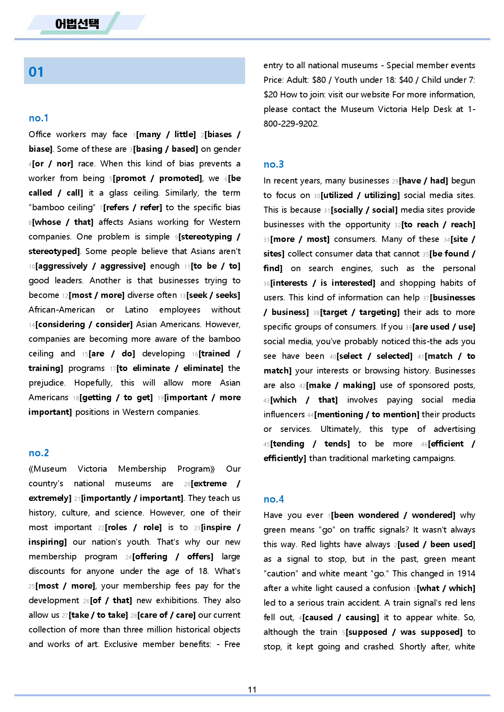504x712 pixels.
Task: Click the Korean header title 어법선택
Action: pyautogui.click(x=77, y=24)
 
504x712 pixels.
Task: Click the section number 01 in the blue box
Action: pyautogui.click(x=36, y=72)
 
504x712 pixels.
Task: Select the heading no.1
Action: pyautogui.click(x=39, y=118)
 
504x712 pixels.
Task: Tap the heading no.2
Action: pyautogui.click(x=39, y=453)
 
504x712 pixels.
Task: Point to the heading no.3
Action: pyautogui.click(x=274, y=164)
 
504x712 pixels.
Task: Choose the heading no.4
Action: pyautogui.click(x=274, y=499)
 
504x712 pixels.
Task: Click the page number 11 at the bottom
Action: pyautogui.click(x=252, y=689)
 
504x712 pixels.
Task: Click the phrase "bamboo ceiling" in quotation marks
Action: pyautogui.click(x=62, y=207)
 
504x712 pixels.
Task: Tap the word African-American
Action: pyautogui.click(x=62, y=310)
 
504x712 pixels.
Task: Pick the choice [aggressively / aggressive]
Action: pyautogui.click(x=90, y=266)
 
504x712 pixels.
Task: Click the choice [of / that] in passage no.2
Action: pyautogui.click(x=111, y=600)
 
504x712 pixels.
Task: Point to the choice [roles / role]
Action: pyautogui.click(x=133, y=527)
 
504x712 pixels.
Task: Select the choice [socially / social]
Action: pyautogui.click(x=364, y=210)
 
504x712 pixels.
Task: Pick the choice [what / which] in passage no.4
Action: pyautogui.click(x=446, y=588)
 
